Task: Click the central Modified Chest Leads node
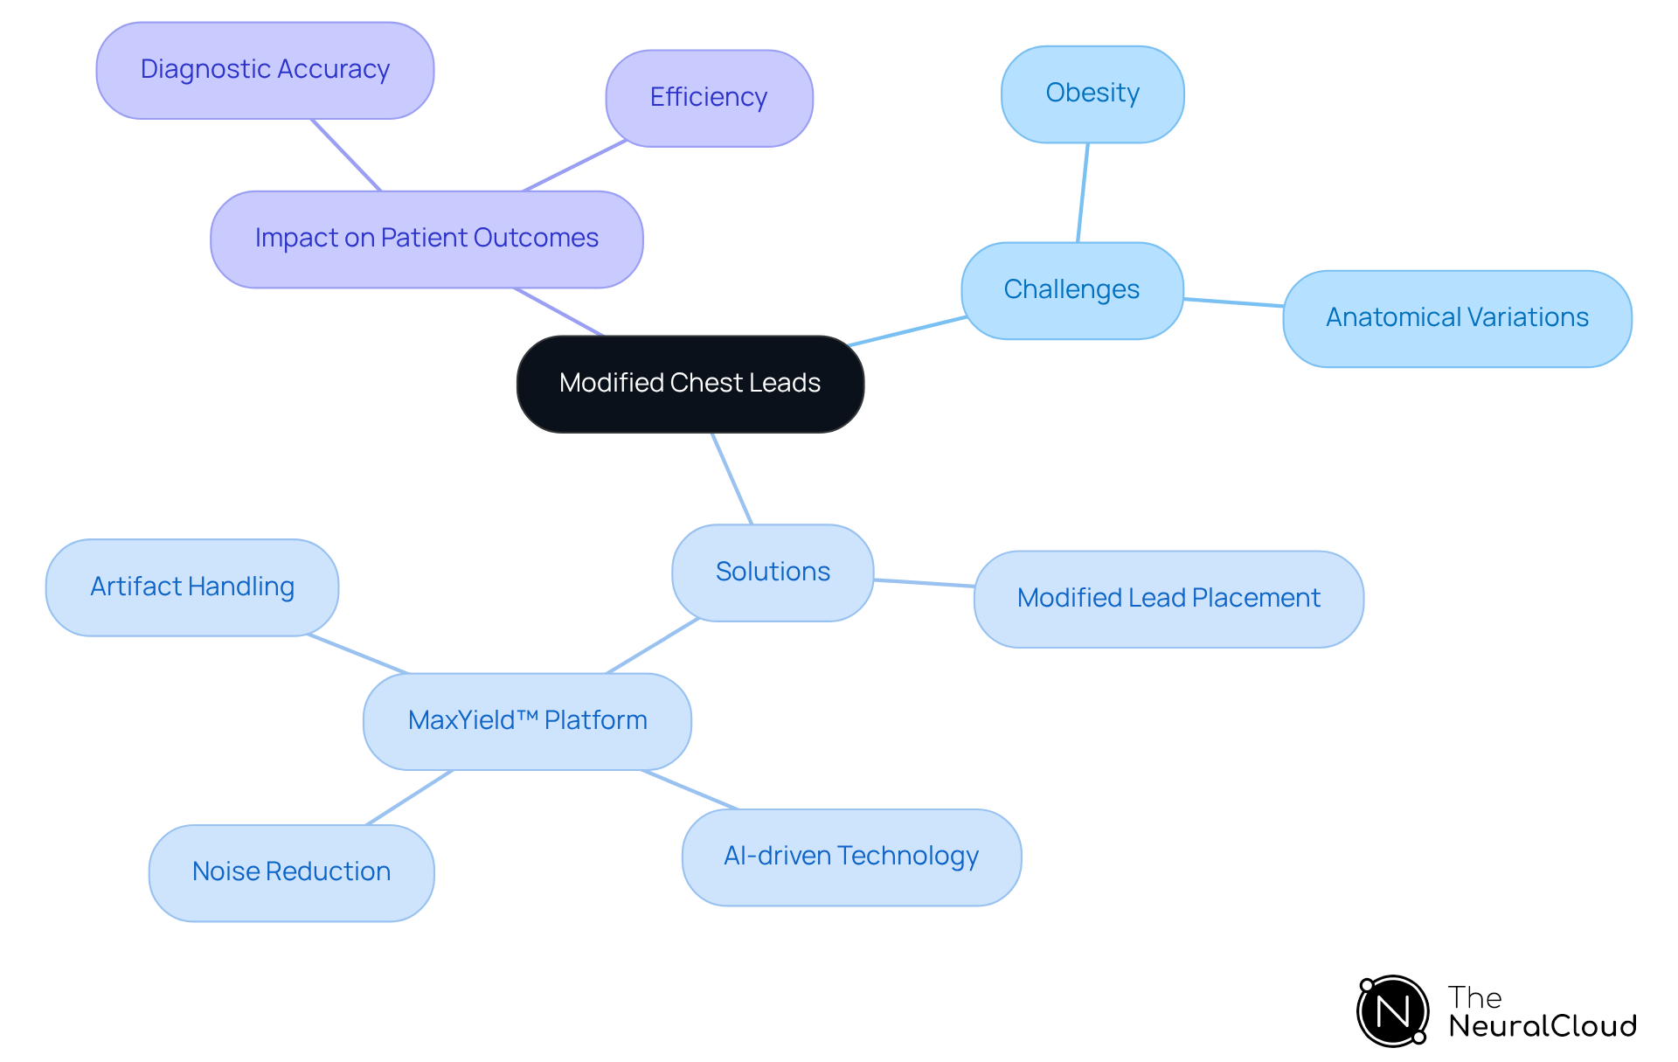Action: tap(690, 384)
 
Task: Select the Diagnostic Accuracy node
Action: tap(265, 70)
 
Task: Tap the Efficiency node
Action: tap(709, 98)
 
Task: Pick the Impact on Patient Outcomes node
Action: tap(426, 239)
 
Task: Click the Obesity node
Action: tap(1092, 94)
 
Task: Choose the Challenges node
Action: tap(1071, 290)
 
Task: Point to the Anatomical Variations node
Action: tap(1457, 318)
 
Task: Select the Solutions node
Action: tap(773, 573)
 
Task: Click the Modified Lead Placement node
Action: tap(1168, 599)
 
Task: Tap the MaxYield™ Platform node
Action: tap(527, 721)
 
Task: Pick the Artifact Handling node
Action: tap(192, 587)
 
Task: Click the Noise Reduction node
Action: tap(291, 872)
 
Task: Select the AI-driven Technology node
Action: tap(851, 857)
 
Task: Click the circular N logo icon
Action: tap(1393, 1011)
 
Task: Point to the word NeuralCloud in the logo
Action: tap(1543, 1026)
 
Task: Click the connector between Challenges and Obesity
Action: tap(1083, 192)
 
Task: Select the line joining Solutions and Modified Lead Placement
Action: tap(924, 583)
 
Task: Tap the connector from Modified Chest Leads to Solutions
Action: tap(732, 478)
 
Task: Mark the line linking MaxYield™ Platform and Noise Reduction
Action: tap(409, 797)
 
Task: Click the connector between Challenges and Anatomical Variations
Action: tap(1233, 302)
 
